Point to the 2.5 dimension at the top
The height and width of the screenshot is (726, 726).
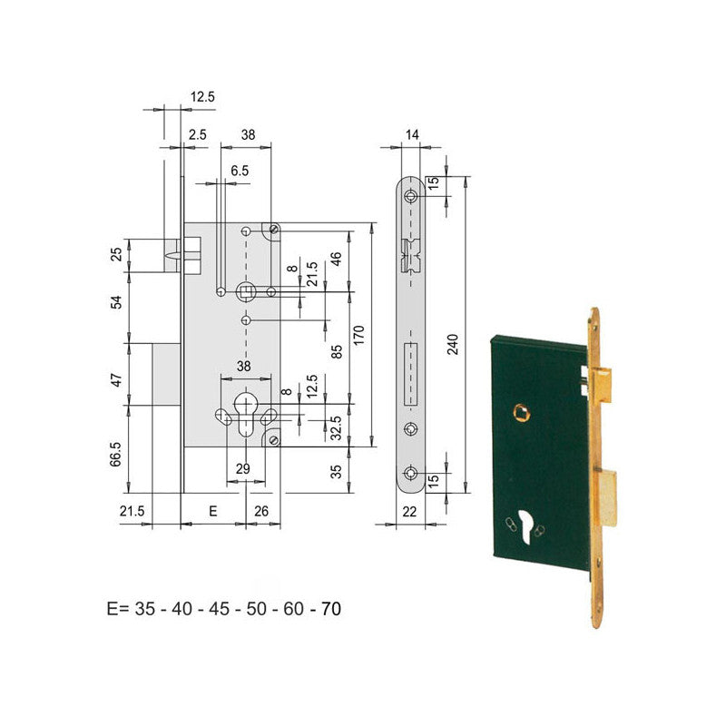click(198, 134)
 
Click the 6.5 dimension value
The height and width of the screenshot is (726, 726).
click(240, 170)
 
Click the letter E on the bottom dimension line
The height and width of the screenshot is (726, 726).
click(213, 512)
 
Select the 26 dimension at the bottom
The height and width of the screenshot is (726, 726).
click(261, 512)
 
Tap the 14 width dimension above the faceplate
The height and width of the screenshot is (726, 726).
click(413, 134)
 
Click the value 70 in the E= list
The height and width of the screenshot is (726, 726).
click(330, 609)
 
